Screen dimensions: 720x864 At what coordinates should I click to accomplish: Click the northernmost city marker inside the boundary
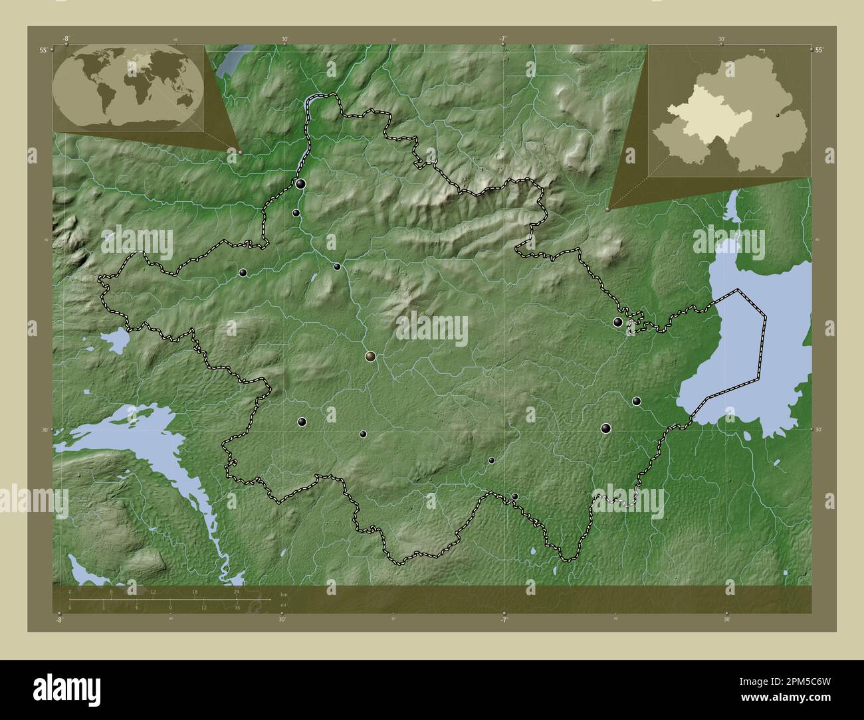(301, 183)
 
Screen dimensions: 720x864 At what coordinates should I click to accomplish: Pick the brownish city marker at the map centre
(370, 357)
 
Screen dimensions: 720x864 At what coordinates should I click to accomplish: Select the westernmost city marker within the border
(243, 272)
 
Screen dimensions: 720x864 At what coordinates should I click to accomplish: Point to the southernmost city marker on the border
(514, 496)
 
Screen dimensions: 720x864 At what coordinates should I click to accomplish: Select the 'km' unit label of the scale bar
(284, 593)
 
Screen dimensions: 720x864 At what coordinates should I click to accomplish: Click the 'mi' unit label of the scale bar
(284, 605)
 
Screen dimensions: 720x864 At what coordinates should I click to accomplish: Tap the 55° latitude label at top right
(819, 50)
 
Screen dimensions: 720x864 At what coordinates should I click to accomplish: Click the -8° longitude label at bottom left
(60, 620)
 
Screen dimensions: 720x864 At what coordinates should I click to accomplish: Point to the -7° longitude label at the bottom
(503, 620)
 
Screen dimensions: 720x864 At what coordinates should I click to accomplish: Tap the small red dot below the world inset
(240, 152)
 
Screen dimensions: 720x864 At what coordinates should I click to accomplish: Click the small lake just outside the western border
(117, 341)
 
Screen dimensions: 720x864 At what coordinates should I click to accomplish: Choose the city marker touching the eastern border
(618, 322)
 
